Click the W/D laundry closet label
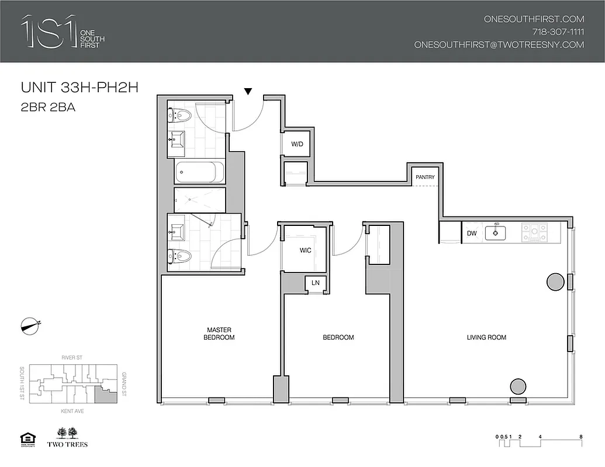[297, 144]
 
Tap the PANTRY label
[425, 177]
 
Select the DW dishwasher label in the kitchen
[472, 233]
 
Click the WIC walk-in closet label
[305, 250]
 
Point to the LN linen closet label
[316, 283]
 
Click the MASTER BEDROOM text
[219, 334]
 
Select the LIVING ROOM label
[486, 337]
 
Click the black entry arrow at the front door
[248, 91]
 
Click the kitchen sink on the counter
[499, 232]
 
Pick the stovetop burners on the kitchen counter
[533, 232]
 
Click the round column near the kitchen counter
[555, 283]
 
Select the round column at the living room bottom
[518, 387]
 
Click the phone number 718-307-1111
[558, 32]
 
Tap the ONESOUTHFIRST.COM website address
[534, 19]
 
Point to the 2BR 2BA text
[49, 107]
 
